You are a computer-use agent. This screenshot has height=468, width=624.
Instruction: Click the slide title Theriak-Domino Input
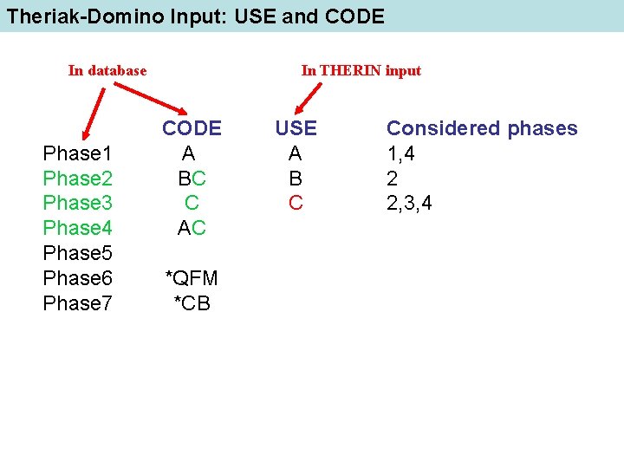click(x=195, y=16)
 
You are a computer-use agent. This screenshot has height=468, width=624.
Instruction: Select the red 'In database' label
click(x=107, y=71)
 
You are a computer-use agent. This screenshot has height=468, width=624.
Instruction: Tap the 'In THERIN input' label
click(x=361, y=71)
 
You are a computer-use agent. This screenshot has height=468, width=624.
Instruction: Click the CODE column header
click(x=192, y=128)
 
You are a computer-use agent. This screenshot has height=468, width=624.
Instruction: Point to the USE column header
click(x=296, y=128)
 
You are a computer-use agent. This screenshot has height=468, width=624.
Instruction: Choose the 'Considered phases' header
click(x=482, y=128)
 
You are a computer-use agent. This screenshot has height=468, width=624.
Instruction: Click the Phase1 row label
click(x=77, y=153)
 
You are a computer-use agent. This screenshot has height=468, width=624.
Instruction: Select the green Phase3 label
click(x=77, y=203)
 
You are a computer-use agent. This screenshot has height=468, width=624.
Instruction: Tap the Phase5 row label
click(x=77, y=253)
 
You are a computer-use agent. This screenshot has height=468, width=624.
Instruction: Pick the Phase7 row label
click(x=77, y=303)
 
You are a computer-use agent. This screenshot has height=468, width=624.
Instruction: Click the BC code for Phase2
click(x=192, y=179)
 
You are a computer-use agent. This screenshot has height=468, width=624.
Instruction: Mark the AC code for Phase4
click(x=192, y=228)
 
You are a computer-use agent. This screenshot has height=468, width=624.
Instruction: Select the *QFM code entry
click(x=192, y=278)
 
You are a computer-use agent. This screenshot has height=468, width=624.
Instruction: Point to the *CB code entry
click(x=192, y=303)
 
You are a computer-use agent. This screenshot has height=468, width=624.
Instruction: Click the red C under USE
click(x=296, y=203)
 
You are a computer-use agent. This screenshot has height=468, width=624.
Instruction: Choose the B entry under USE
click(x=296, y=179)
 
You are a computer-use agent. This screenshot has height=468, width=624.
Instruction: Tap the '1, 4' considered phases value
click(x=403, y=153)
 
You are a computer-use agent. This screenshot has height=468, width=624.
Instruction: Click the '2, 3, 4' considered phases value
click(x=409, y=203)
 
